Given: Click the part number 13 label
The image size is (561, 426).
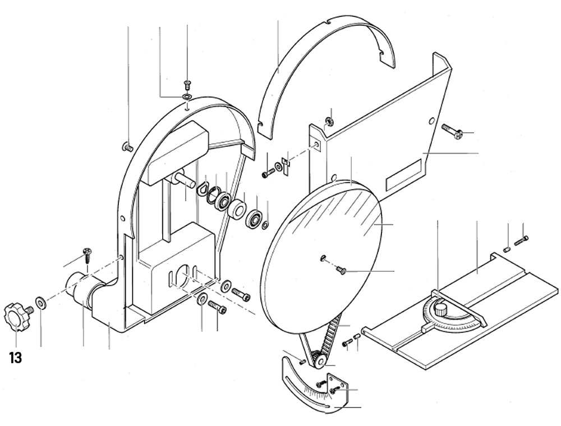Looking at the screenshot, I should pos(16,358).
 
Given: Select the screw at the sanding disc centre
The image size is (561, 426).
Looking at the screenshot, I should pos(339,271).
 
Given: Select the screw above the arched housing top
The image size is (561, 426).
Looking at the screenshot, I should pos(187,85).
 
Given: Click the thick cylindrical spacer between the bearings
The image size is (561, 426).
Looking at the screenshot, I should pos(237,210).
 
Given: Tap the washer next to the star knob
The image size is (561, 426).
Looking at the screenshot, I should pos(41,303).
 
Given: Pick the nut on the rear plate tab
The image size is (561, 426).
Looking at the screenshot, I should pos(330,119).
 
